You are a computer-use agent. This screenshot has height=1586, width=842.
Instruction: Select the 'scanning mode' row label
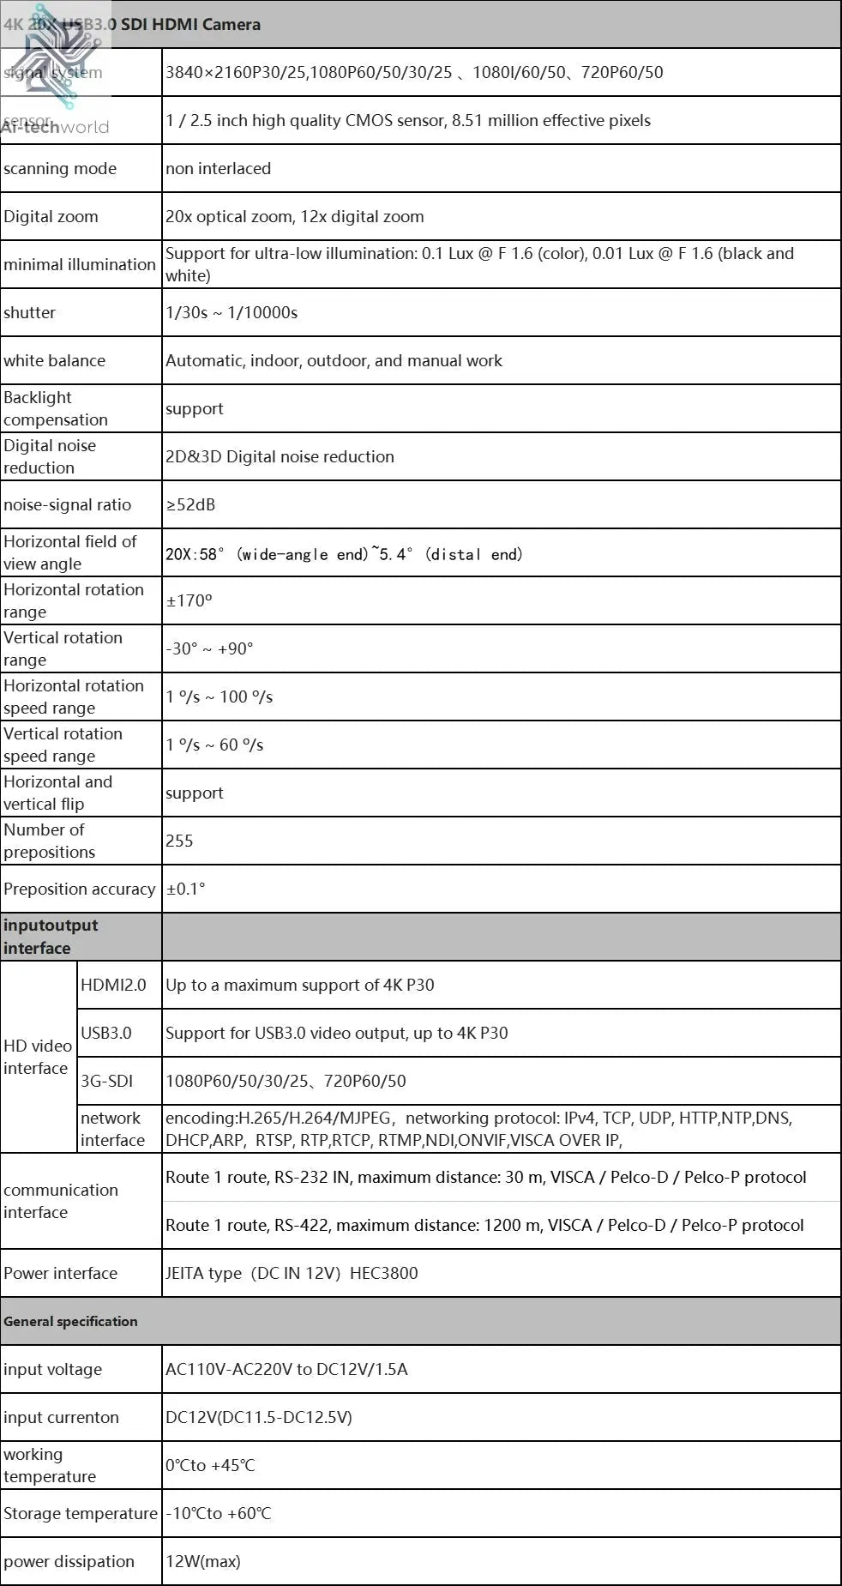(60, 169)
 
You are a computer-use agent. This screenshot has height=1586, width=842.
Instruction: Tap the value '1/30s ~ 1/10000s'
(232, 313)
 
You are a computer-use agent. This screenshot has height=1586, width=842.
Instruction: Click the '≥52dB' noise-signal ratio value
(190, 505)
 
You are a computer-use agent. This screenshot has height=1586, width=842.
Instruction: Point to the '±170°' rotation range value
(189, 601)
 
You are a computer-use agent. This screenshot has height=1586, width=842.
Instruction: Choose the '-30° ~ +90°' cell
(209, 649)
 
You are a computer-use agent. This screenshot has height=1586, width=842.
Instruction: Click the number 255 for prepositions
(179, 841)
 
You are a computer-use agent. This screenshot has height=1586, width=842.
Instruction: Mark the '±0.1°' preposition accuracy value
(186, 889)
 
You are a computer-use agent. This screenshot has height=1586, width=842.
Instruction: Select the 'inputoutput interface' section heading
(51, 937)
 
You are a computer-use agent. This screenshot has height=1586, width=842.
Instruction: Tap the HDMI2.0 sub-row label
(113, 986)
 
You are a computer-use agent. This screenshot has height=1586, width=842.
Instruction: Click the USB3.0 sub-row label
(106, 1034)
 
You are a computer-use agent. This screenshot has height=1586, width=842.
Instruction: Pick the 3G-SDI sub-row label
(107, 1082)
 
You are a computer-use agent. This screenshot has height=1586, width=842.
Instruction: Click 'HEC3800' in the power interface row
(383, 1274)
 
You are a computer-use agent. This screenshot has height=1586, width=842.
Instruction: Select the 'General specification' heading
(70, 1322)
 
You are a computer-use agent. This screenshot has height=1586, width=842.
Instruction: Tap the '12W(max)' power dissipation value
(203, 1562)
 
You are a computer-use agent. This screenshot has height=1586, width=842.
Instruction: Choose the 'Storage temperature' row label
(81, 1514)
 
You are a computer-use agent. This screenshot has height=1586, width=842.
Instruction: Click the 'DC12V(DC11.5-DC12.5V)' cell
(259, 1418)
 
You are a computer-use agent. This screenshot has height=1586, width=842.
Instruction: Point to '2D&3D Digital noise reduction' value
(280, 457)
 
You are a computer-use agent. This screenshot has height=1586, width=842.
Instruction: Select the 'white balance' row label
(54, 361)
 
